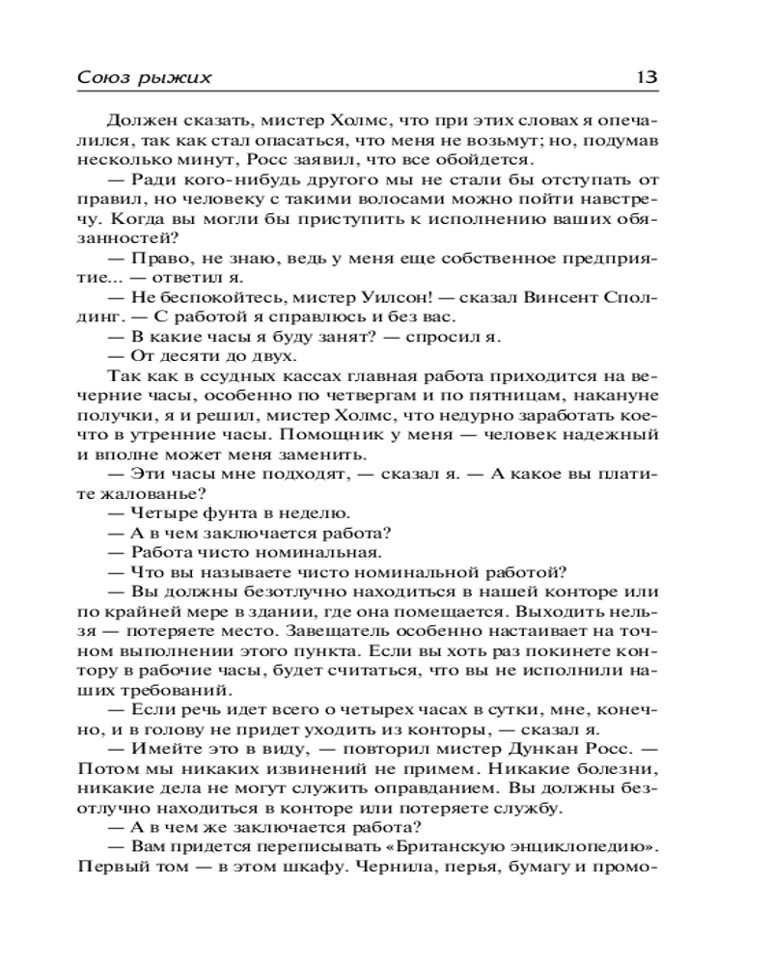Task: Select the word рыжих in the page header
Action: (175, 77)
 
